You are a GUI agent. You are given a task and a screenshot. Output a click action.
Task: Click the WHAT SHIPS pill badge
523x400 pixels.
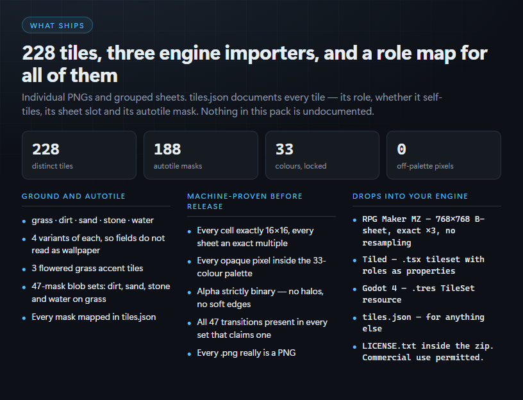point(57,26)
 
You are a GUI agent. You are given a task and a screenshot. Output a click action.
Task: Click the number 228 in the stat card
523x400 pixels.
point(46,149)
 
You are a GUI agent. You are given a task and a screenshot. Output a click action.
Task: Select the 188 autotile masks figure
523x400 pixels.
point(167,149)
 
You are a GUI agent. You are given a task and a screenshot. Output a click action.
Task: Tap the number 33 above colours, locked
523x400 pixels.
point(284,149)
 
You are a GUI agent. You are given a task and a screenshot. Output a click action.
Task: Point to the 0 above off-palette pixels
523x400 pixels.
point(402,149)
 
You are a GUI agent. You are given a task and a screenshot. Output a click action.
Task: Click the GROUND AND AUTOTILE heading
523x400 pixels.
point(73,196)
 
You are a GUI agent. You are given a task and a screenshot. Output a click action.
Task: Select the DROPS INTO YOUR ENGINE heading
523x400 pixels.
point(410,196)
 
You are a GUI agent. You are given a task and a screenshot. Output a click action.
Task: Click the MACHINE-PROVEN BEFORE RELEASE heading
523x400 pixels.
point(244,201)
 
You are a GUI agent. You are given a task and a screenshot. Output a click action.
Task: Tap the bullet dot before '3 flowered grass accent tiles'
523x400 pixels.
point(24,269)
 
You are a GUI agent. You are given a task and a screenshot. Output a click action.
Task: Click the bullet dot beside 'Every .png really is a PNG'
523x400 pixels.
point(189,354)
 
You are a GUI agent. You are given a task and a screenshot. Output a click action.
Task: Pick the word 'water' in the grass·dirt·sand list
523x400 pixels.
point(143,220)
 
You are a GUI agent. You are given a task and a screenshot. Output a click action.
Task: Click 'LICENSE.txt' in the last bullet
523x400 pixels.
point(389,346)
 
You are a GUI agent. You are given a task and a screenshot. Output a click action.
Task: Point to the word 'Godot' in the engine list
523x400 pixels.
point(374,288)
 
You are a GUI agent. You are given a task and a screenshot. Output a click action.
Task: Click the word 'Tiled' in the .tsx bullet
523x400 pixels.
point(374,260)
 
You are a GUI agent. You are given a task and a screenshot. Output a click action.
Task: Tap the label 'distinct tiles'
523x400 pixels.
point(53,166)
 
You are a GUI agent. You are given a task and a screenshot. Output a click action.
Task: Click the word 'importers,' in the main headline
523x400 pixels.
point(272,53)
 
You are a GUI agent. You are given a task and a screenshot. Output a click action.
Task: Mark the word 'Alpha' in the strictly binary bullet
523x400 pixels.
point(208,292)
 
